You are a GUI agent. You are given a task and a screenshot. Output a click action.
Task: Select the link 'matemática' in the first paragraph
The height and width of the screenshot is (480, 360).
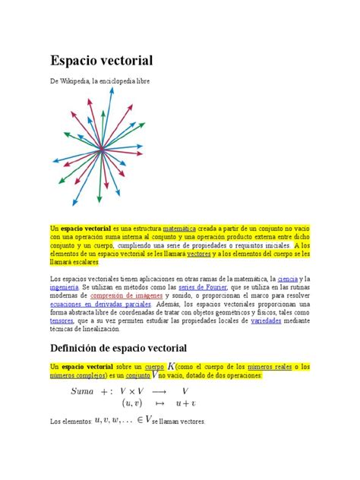coord(179,227)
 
